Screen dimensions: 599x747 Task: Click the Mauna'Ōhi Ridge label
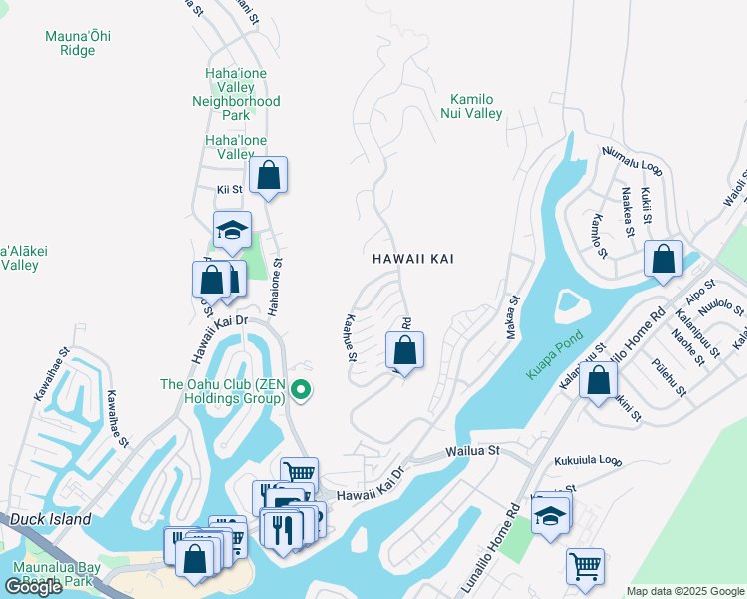[x=78, y=43]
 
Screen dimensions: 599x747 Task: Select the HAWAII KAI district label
[x=413, y=259]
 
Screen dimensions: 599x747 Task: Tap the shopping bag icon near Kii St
[x=268, y=176]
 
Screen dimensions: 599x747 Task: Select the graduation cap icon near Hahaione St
[x=232, y=230]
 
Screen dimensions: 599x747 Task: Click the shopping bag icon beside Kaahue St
[x=404, y=350]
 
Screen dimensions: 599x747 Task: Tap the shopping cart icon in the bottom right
[x=585, y=566]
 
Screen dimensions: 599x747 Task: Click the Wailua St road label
[x=472, y=451]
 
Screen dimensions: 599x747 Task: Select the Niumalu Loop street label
[x=632, y=159]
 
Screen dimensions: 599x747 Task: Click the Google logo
[x=33, y=587]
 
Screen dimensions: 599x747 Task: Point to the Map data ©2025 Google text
[x=684, y=591]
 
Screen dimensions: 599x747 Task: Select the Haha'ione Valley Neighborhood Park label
[x=236, y=101]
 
